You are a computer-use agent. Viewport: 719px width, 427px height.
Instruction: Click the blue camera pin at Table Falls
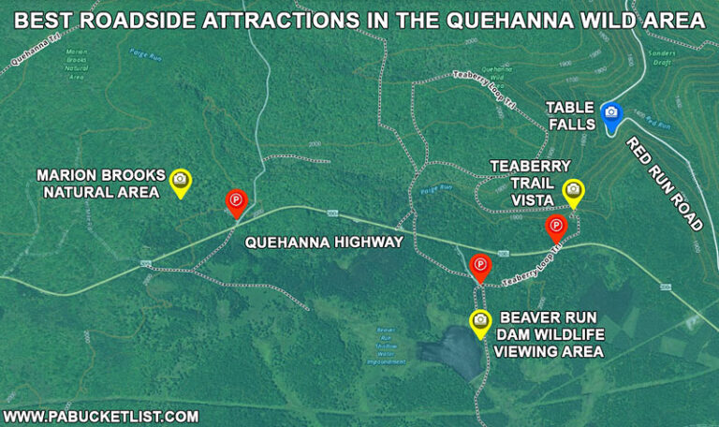(611, 113)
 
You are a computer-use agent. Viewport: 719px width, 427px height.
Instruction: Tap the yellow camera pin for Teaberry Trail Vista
(572, 191)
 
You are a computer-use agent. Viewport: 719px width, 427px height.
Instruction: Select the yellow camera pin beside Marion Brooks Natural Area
(180, 180)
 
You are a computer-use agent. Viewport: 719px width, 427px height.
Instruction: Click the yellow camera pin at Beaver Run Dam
(480, 321)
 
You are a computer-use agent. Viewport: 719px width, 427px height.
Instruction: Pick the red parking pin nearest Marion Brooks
(236, 200)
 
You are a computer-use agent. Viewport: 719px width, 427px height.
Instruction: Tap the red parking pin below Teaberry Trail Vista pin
(556, 227)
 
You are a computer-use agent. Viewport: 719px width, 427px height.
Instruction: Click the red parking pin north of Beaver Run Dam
(480, 266)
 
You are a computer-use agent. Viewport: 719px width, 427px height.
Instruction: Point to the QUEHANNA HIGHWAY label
(323, 243)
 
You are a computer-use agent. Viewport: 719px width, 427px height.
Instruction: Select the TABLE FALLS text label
(570, 115)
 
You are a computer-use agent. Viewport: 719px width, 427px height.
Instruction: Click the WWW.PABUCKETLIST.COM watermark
(101, 416)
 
